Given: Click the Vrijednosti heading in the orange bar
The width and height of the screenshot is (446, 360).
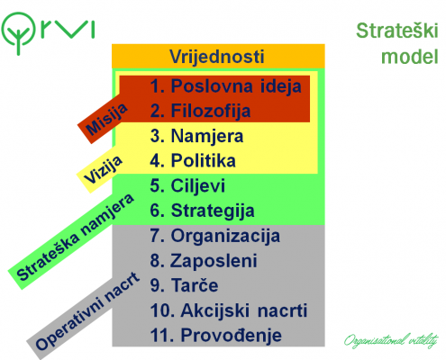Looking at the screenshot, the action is (x=217, y=57).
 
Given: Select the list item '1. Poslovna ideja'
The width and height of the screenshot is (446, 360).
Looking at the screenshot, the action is (x=225, y=86).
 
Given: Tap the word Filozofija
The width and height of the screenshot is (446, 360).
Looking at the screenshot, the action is (x=211, y=112).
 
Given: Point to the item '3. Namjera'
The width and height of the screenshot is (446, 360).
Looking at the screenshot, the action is (x=196, y=136).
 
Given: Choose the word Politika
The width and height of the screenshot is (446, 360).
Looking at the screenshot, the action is (x=204, y=160).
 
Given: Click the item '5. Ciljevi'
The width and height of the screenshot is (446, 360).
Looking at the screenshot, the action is (x=187, y=185).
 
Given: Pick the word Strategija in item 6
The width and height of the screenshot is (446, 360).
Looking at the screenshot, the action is (x=213, y=211).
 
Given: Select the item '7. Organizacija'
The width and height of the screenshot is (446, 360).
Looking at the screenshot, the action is (x=215, y=236).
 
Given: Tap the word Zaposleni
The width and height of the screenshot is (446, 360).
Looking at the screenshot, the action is (x=214, y=261).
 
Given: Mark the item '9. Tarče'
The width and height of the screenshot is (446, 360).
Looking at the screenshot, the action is (x=184, y=284).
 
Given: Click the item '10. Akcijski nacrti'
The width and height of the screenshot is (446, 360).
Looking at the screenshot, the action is (x=229, y=310).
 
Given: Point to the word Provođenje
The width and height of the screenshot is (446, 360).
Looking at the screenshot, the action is (x=232, y=335).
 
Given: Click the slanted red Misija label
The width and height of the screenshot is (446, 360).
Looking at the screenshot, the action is (x=106, y=120).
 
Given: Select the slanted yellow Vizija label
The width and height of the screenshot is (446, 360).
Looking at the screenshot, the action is (x=103, y=169).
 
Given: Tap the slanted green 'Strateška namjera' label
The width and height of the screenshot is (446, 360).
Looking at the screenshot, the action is (x=75, y=237).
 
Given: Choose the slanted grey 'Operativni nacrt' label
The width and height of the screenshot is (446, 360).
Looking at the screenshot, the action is (x=87, y=310).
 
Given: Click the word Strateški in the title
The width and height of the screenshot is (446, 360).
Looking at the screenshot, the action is (x=397, y=31).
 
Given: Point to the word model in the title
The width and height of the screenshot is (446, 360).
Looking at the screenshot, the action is (x=410, y=57).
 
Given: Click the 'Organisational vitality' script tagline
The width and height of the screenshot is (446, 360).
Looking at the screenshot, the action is (x=391, y=341).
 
